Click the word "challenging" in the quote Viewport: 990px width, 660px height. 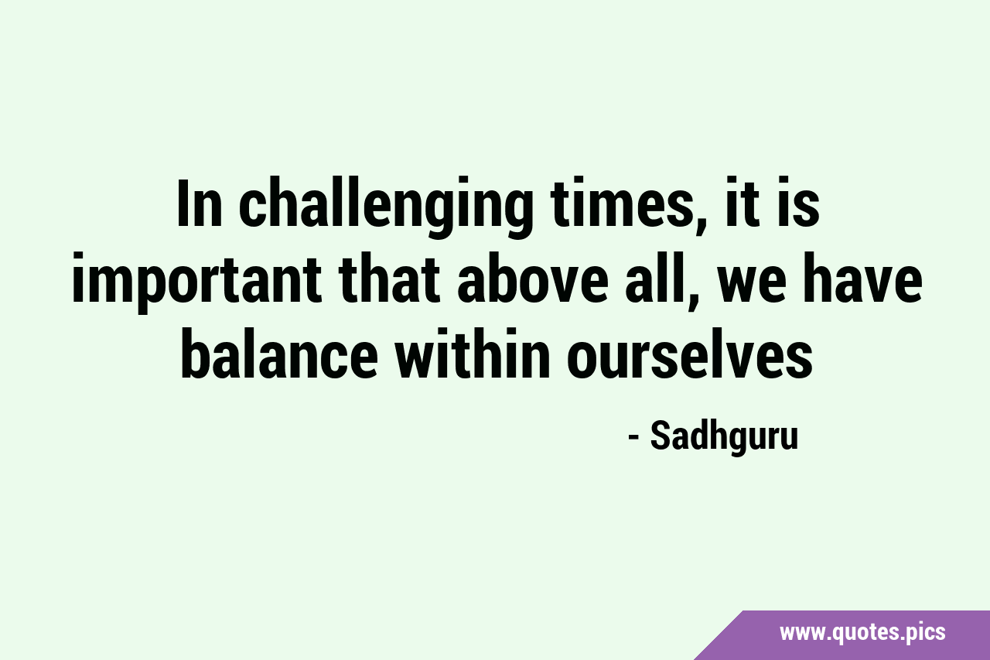coord(385,206)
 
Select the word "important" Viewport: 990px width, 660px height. coord(196,282)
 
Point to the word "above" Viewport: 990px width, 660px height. coord(532,278)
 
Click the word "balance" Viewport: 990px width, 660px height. coord(279,353)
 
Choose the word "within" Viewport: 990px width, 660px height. coord(473,353)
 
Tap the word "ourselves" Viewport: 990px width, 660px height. coord(690,353)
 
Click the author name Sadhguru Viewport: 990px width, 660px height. coord(725,437)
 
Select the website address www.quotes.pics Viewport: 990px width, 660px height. coord(862,632)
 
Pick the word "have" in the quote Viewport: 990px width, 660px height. coord(862,278)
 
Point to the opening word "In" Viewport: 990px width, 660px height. coord(200,203)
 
